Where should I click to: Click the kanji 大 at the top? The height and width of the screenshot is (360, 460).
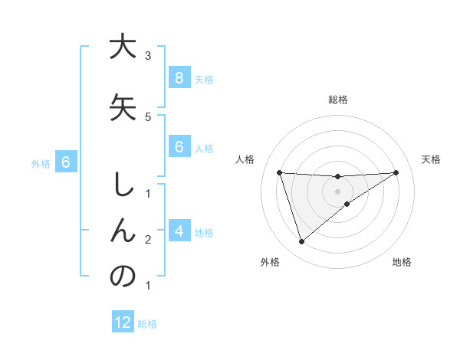point(123,47)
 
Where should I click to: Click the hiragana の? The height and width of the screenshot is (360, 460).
point(123,277)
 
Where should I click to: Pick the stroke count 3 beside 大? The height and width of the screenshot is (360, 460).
point(148,56)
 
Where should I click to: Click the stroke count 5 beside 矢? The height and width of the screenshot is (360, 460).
point(148,116)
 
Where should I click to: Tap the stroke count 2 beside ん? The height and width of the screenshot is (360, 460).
point(148,240)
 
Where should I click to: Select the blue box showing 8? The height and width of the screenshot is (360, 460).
point(179,77)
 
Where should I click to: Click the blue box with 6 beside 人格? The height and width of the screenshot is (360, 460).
point(179,147)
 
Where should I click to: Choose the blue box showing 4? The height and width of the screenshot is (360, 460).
point(179,231)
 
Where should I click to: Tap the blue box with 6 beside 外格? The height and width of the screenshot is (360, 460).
point(66,162)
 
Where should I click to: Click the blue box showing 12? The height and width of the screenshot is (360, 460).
point(123,322)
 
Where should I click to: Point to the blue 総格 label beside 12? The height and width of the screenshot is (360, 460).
point(147,324)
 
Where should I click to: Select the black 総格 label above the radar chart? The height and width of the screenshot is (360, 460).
point(337,100)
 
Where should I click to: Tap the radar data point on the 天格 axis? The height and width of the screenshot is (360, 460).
point(396,172)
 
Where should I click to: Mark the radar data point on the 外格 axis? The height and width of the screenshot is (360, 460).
point(301,242)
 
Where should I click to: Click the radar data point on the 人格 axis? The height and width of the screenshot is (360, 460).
point(279,172)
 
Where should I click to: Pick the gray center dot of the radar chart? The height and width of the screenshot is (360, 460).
point(337,191)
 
